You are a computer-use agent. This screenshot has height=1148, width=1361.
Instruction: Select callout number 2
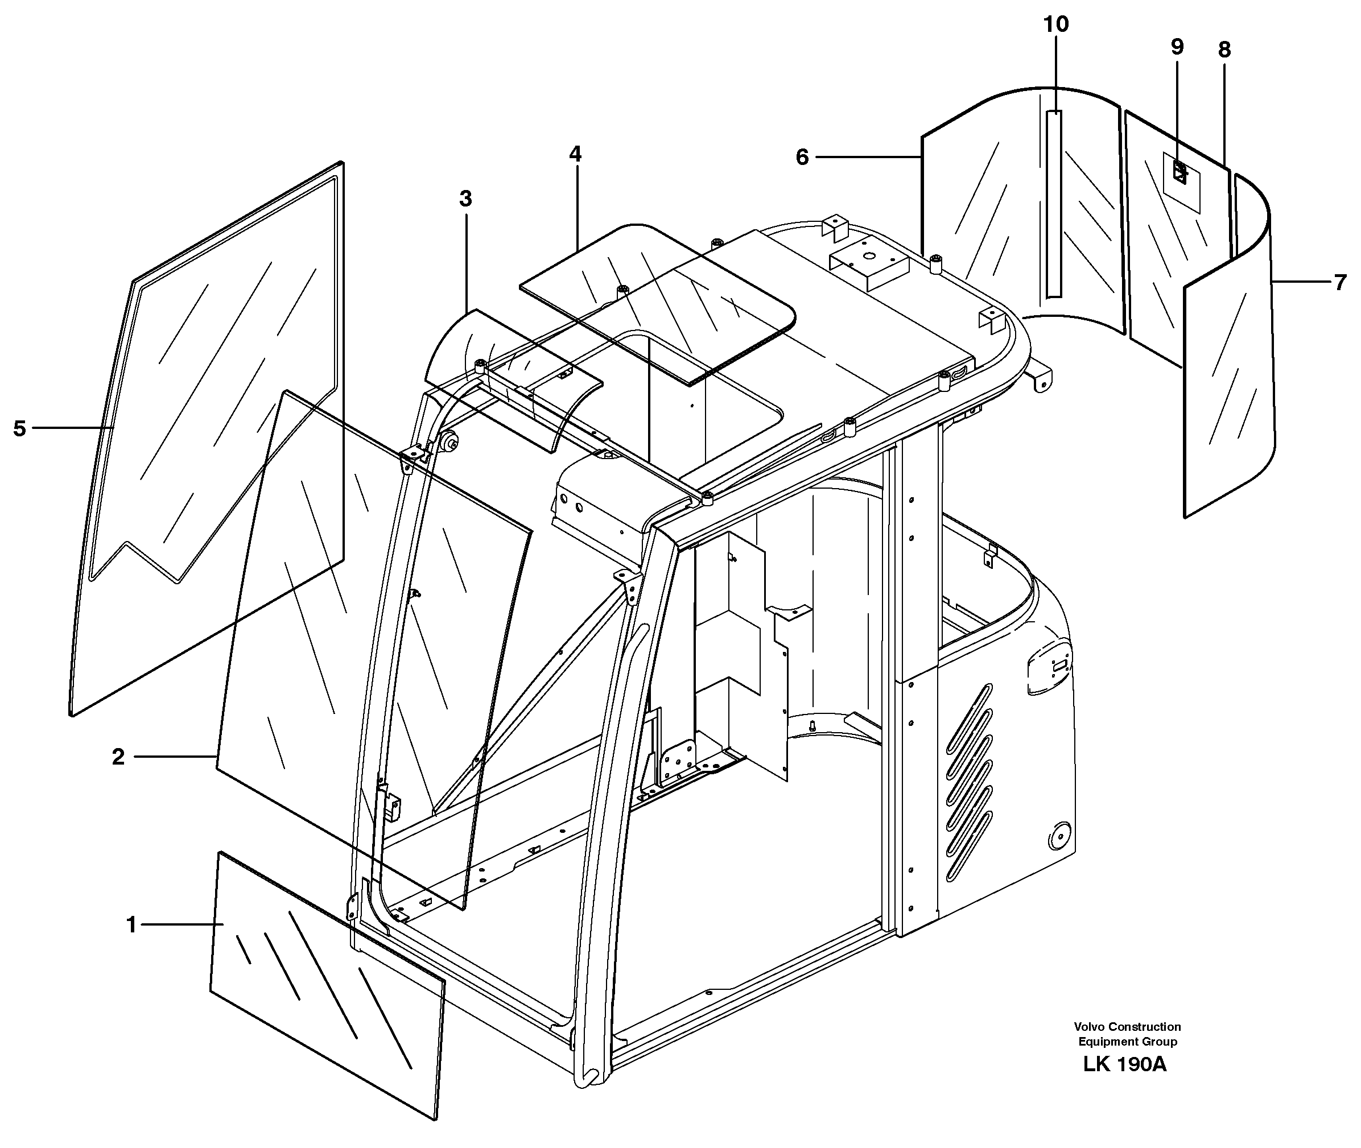point(118,757)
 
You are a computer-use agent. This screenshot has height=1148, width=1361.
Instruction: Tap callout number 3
point(465,199)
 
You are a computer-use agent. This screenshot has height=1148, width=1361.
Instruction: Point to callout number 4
point(575,154)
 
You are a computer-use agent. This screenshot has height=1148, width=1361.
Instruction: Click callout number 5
point(19,428)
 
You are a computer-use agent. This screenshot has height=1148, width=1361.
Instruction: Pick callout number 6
point(802,157)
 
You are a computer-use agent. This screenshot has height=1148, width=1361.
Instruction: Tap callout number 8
point(1224,50)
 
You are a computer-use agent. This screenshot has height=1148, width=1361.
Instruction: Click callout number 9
point(1177,47)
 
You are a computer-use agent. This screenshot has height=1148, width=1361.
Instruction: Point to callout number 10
point(1055,24)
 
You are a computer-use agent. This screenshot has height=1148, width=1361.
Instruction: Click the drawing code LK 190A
point(1125,1066)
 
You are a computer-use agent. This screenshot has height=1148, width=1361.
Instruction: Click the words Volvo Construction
point(1127,1027)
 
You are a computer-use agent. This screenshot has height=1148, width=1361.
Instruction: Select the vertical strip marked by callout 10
point(1053,204)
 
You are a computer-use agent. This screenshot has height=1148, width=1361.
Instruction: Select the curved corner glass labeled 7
point(1227,365)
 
